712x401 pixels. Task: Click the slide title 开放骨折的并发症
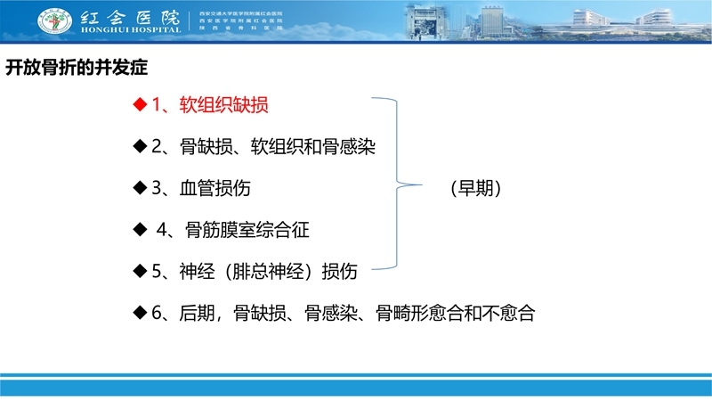point(77,67)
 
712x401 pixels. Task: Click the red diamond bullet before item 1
point(139,105)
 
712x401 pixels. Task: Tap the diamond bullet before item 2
point(139,146)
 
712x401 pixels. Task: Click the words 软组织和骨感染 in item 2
point(312,146)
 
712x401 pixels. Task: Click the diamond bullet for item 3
point(139,188)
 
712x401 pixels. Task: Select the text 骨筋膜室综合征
point(247,230)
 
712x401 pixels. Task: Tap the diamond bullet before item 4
point(139,230)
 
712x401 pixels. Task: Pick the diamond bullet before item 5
point(139,272)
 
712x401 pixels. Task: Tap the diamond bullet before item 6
point(139,314)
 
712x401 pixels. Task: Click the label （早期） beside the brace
point(474,188)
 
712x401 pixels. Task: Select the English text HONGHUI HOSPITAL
point(131,29)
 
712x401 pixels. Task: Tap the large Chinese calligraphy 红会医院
point(131,15)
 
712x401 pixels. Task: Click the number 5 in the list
point(157,272)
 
